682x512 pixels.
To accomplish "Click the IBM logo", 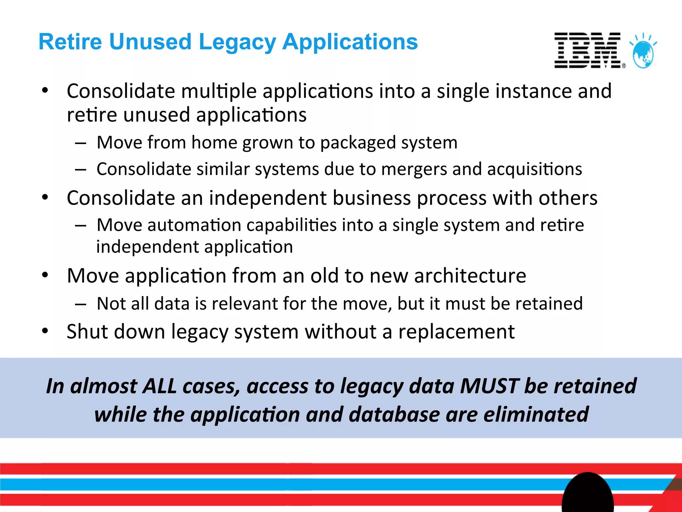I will pos(588,51).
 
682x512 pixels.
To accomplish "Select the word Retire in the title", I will pos(70,42).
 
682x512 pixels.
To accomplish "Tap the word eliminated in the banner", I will pos(536,414).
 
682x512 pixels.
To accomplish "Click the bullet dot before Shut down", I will pos(45,331).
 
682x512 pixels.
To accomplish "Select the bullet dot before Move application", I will pos(45,275).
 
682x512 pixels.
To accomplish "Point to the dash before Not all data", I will pos(81,304).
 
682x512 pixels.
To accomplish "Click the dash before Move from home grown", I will pos(81,143).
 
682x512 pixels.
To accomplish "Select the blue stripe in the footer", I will pos(266,484).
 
